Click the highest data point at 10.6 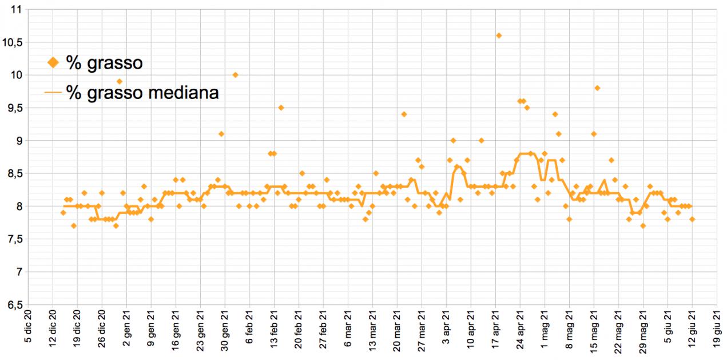click(x=499, y=35)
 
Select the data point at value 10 click(x=235, y=75)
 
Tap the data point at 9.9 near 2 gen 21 click(x=120, y=81)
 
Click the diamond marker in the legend click(x=53, y=63)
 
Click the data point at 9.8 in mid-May click(x=597, y=88)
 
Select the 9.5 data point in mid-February click(x=281, y=108)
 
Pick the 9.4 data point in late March click(x=404, y=114)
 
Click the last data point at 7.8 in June click(x=692, y=219)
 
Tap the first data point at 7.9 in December click(x=63, y=213)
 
